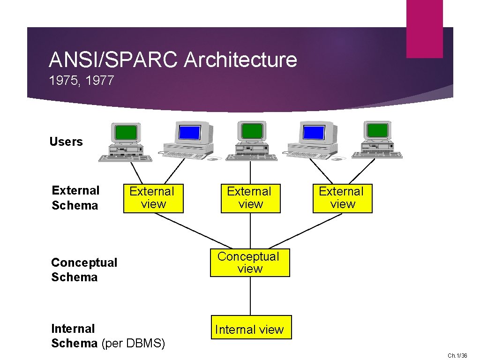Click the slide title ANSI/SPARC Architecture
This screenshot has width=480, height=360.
[x=173, y=60]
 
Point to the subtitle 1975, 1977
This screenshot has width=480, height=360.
[x=82, y=81]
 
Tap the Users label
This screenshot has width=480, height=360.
[x=66, y=142]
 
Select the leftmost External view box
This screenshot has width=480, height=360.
[x=153, y=198]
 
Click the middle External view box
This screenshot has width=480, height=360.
[x=250, y=198]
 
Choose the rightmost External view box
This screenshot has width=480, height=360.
[x=342, y=198]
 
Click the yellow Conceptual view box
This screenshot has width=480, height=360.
[x=250, y=262]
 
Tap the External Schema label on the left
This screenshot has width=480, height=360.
[x=75, y=198]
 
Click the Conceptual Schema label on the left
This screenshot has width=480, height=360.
[x=84, y=270]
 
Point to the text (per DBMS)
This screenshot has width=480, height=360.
[x=133, y=343]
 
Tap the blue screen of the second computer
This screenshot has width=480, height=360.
[x=190, y=132]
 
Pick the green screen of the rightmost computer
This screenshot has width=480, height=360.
[x=377, y=130]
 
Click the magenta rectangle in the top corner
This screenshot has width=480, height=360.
[x=424, y=28]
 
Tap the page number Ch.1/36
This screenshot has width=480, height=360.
[x=457, y=356]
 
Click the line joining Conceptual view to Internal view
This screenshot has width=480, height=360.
[x=250, y=296]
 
